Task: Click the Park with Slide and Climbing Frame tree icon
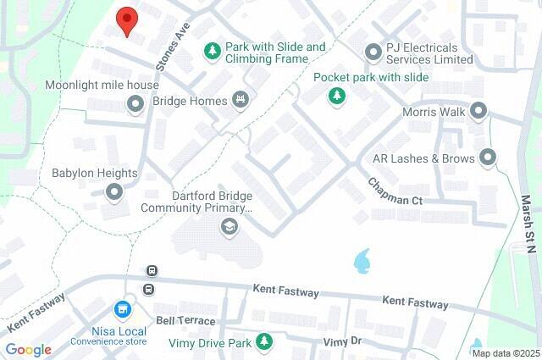point(212,53)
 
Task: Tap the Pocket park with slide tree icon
point(338,96)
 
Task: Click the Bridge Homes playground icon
point(241,101)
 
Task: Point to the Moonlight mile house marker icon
point(134,104)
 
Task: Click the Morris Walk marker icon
point(478,111)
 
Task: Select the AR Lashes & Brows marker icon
point(487,158)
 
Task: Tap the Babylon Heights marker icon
point(114,192)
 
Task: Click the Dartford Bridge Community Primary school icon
point(228,226)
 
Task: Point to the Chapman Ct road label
point(395,192)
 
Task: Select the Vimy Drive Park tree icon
point(265,342)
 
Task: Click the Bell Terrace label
point(185,321)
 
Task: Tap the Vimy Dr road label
point(342,341)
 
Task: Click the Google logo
point(28,350)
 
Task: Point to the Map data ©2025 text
point(505,353)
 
